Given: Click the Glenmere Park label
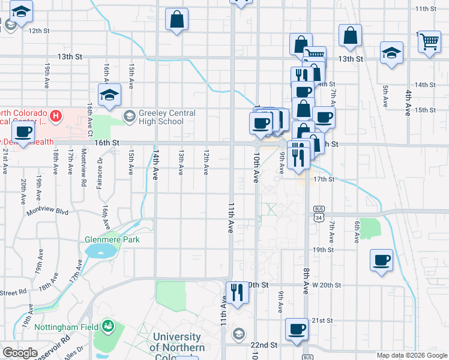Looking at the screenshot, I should coord(112,239).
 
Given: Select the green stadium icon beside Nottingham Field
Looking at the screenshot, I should coord(108,326).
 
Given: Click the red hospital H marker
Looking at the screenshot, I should coord(56,114).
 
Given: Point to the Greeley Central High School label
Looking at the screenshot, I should coord(158,117).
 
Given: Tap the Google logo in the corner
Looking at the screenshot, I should coord(20,353).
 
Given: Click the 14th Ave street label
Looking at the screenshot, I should coord(155,163).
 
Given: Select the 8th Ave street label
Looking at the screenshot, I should coord(305,280).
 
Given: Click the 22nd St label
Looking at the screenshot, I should coord(264,345).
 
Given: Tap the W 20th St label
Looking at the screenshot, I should coord(326,285).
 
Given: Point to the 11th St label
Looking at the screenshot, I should coord(427,8).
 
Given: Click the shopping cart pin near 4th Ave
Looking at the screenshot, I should coord(429,43).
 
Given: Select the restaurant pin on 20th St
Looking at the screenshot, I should coord(237,293).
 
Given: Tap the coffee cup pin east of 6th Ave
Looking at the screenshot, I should coord(381,262).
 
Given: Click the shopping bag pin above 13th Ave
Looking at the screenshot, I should coord(178,20).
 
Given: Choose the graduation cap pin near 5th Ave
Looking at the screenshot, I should coord(391,52).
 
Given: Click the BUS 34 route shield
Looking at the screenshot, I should coord(318,212).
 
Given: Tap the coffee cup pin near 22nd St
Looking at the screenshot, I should coord(297,330).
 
